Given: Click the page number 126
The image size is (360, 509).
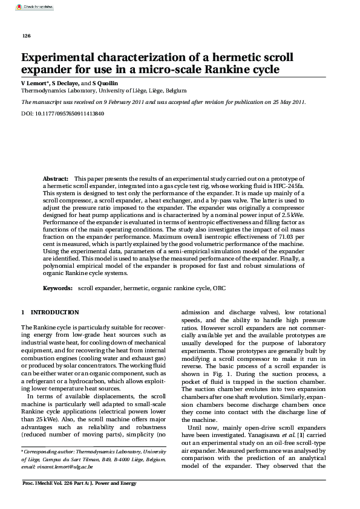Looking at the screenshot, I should [x=26, y=36].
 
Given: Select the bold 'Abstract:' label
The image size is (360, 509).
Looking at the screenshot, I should [x=55, y=180].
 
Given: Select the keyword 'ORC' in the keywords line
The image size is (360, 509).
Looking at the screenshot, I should [x=220, y=289].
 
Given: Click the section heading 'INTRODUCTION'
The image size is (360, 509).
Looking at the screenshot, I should [x=54, y=312].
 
